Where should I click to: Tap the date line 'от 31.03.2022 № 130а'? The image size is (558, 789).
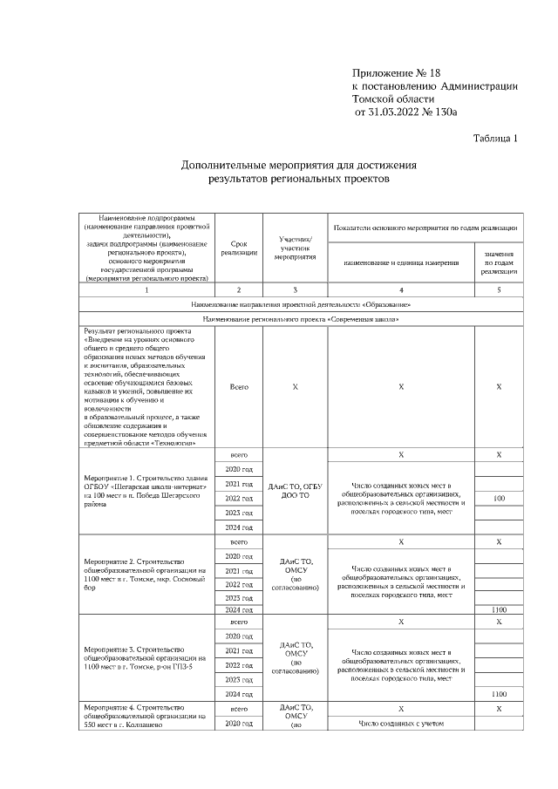tap(405, 112)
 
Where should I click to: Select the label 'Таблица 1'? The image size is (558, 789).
tap(495, 138)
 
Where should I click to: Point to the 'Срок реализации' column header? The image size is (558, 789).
tap(239, 248)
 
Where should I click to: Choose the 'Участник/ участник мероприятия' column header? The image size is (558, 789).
tap(295, 248)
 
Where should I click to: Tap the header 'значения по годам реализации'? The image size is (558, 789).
tap(499, 262)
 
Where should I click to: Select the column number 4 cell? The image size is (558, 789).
tap(401, 289)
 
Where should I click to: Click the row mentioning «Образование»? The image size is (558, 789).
tap(301, 304)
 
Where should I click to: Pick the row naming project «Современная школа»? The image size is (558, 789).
tap(301, 319)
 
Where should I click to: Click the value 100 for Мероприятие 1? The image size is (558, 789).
tap(499, 498)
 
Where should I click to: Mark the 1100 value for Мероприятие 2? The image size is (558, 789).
tap(499, 610)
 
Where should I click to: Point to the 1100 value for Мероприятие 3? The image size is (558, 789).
tap(499, 693)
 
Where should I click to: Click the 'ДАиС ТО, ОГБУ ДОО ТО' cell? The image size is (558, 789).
tap(295, 490)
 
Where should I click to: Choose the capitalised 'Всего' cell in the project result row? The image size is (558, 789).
tap(239, 386)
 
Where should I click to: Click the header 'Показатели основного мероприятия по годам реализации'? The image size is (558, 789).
tap(425, 227)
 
